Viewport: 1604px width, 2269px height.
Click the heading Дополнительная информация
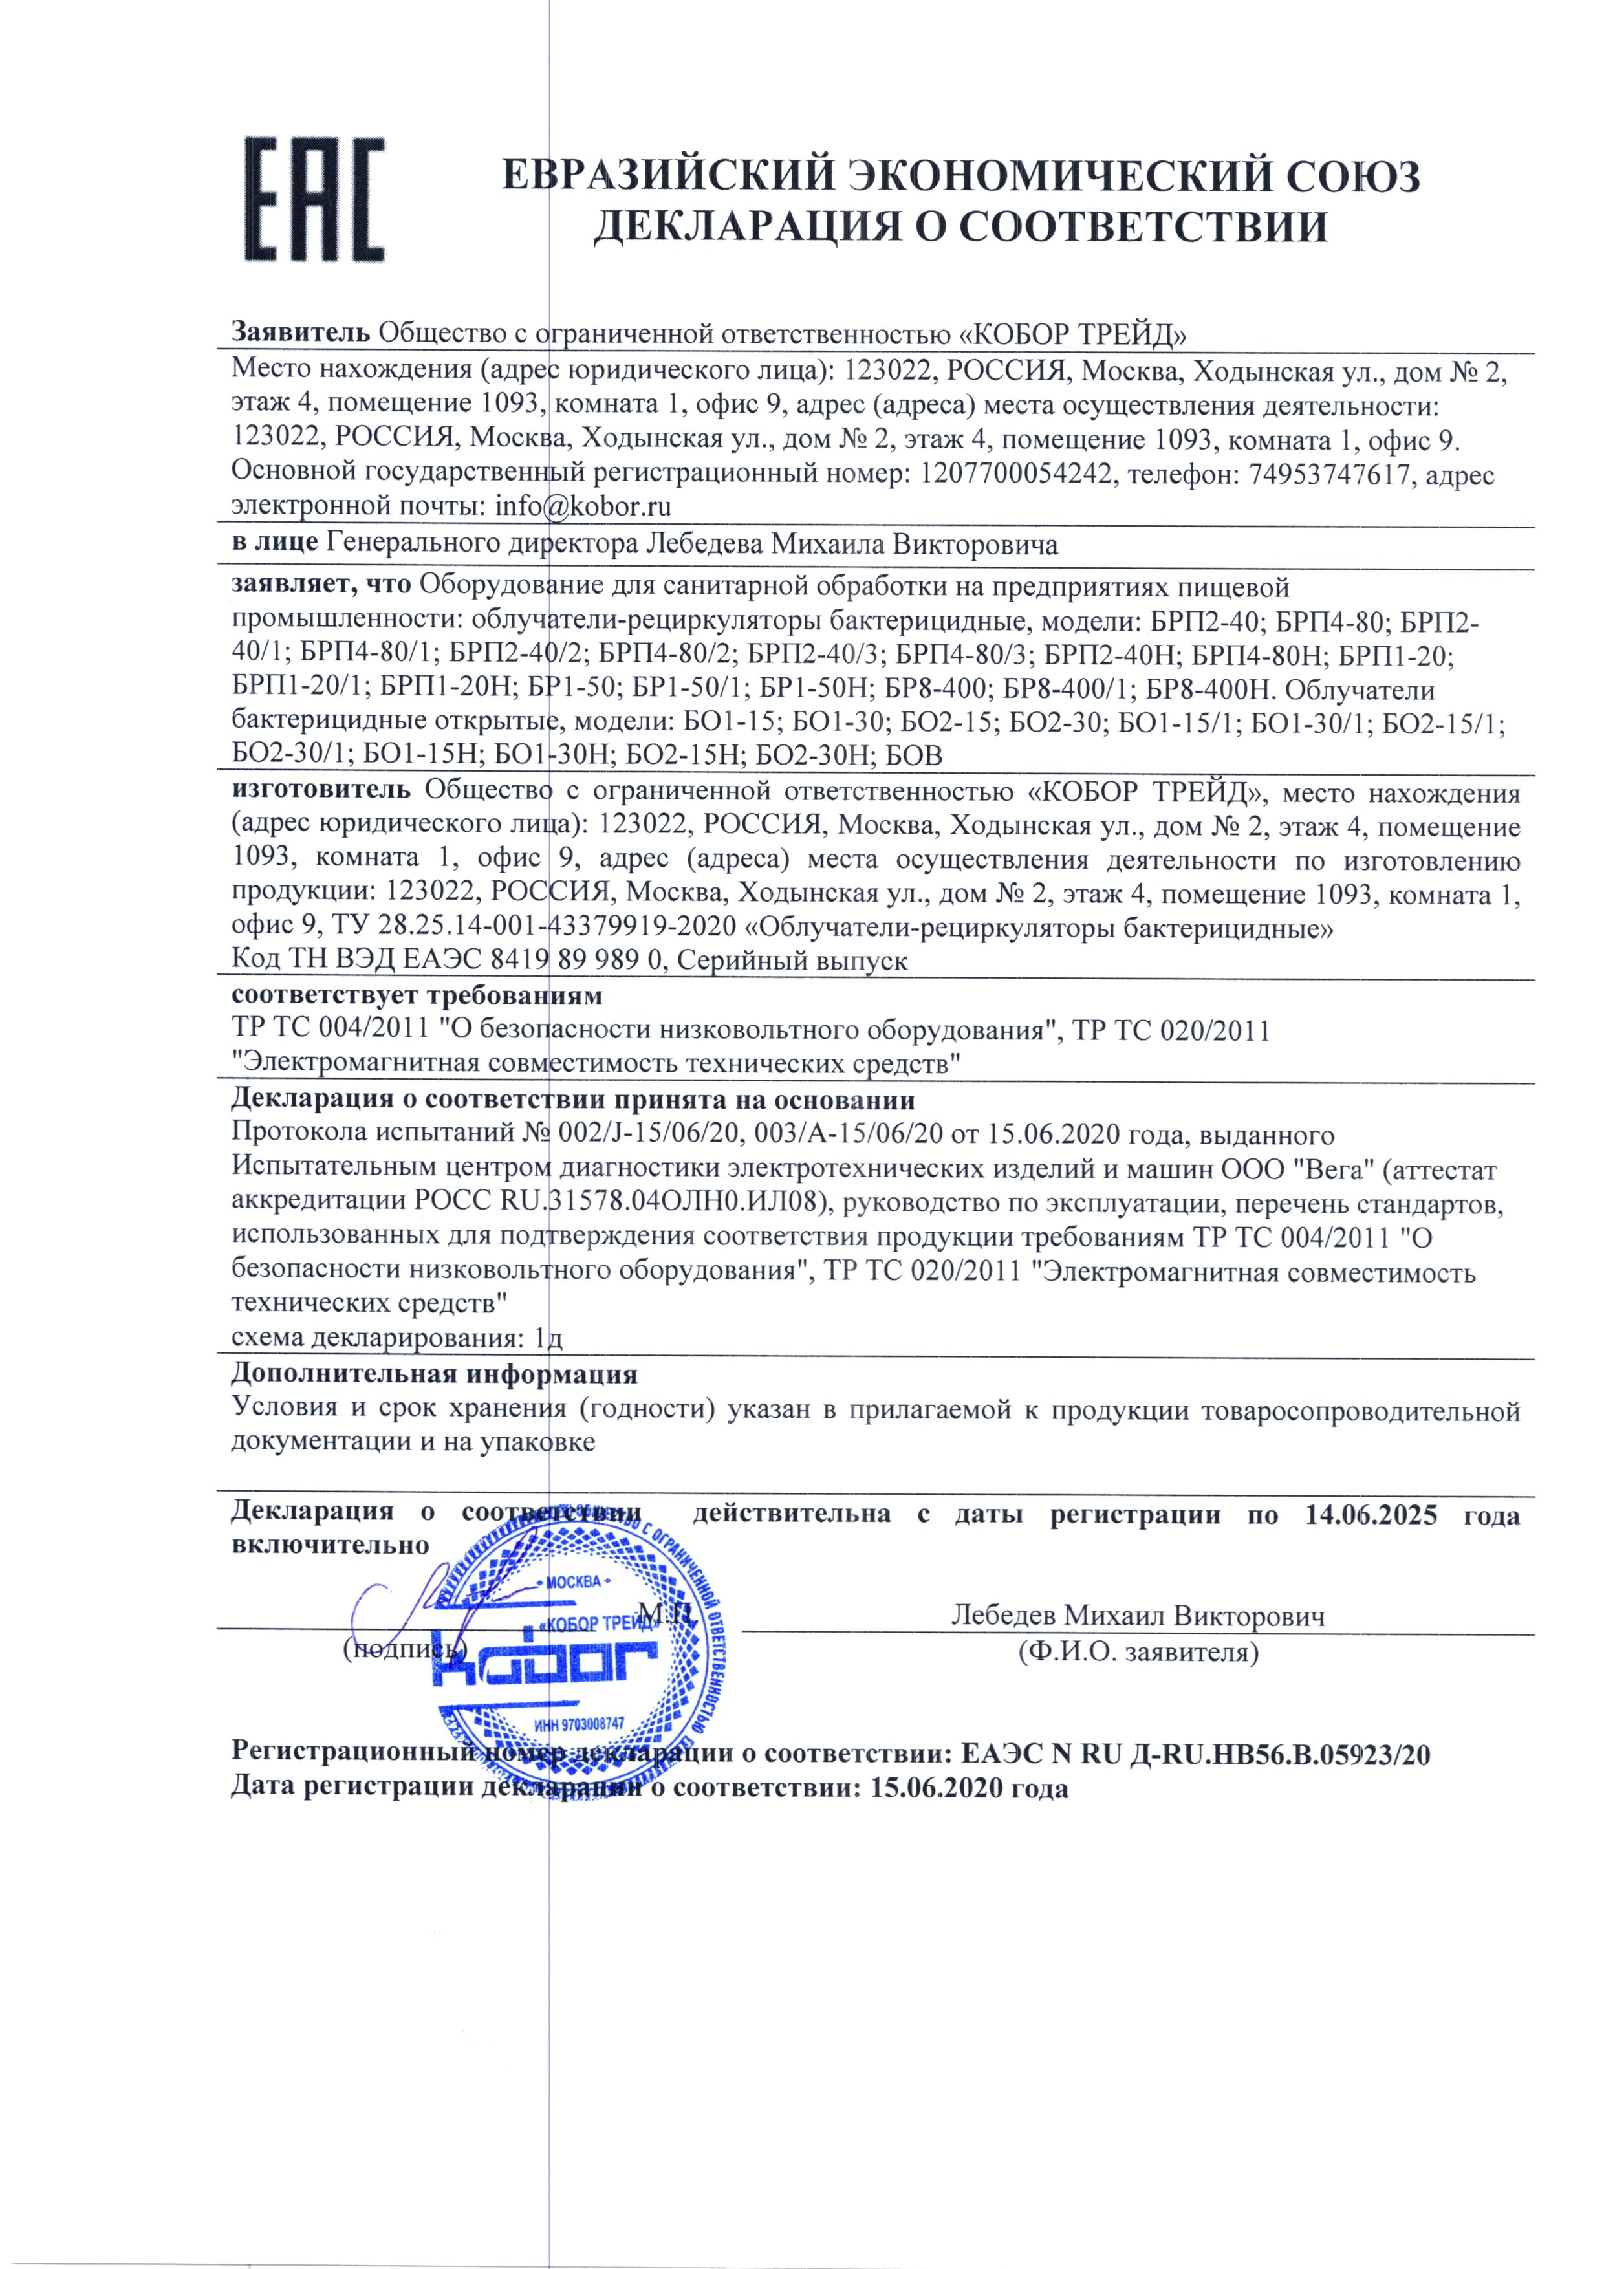[x=434, y=1374]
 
